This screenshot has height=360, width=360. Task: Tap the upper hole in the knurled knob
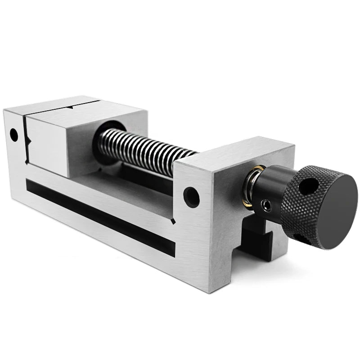pyautogui.click(x=308, y=186)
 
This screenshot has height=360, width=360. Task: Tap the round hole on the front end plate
pyautogui.click(x=191, y=196)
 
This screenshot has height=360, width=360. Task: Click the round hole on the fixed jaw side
pyautogui.click(x=13, y=134)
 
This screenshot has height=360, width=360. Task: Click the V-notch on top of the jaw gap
pyautogui.click(x=72, y=108)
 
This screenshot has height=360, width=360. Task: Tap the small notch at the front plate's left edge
pyautogui.click(x=173, y=221)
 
